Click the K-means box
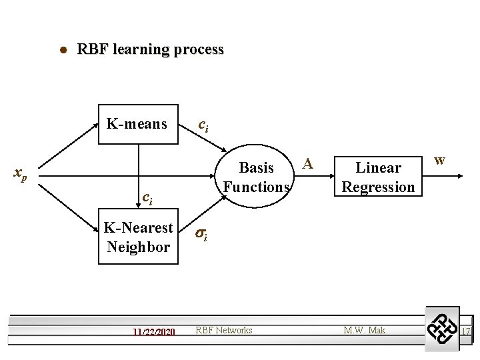click(x=138, y=123)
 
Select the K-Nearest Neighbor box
click(x=138, y=237)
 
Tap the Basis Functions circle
click(x=256, y=177)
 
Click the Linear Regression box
click(x=378, y=177)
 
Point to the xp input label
click(x=21, y=175)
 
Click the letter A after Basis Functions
click(x=307, y=162)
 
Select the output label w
click(x=439, y=160)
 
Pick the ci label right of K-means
click(x=203, y=125)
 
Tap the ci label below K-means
click(x=147, y=197)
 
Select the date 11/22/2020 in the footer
click(x=153, y=331)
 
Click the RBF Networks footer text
click(x=224, y=330)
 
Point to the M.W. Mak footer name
click(x=364, y=330)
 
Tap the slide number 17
click(x=466, y=331)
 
